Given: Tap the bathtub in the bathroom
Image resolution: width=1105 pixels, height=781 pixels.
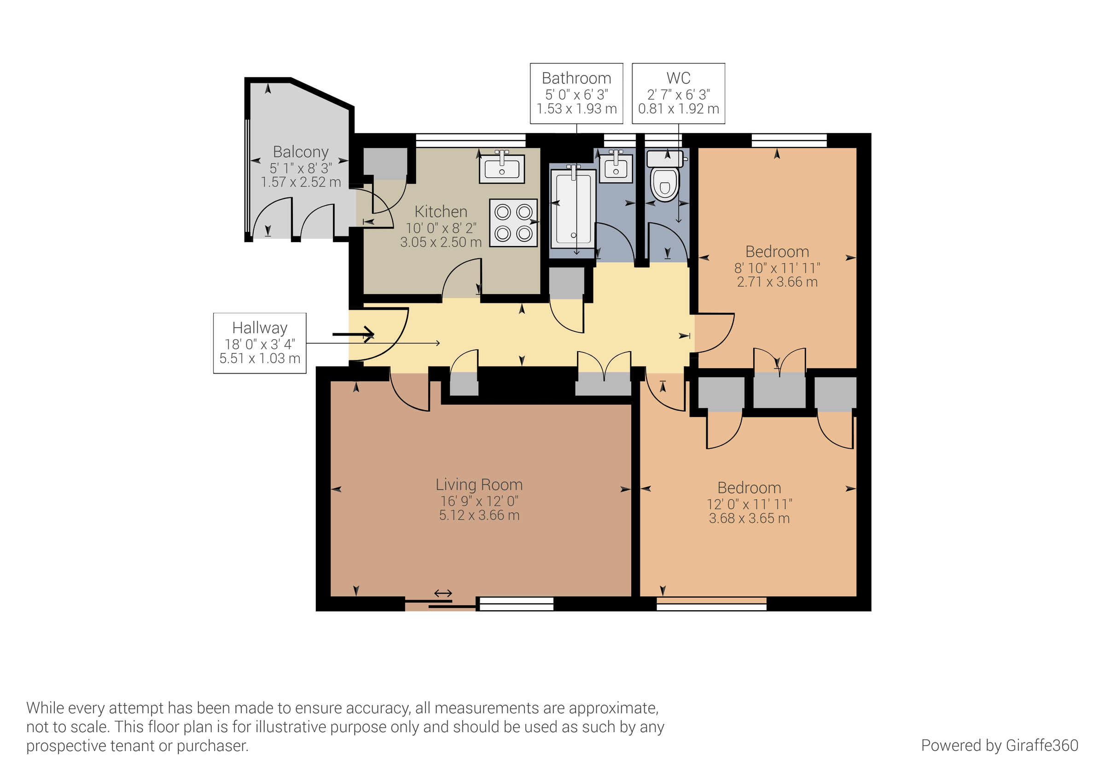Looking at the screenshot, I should click(573, 209).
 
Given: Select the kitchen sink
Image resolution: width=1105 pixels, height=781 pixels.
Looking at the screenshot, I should click(502, 168).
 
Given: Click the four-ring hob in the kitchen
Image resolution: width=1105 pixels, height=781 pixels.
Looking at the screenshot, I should click(513, 223).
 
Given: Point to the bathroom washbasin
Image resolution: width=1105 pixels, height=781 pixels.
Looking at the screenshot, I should click(616, 168).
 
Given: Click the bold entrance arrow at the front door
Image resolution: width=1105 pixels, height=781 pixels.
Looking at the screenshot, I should click(354, 334).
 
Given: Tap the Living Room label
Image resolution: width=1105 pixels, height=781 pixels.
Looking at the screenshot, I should click(479, 484).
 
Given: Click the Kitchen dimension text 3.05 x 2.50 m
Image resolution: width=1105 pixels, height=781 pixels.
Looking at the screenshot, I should click(441, 242).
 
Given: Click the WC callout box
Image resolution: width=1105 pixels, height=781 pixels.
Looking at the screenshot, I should click(678, 93).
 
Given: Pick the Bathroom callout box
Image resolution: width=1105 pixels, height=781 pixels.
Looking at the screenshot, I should click(576, 93).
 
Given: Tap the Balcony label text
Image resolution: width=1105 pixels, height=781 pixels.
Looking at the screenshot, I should click(301, 151).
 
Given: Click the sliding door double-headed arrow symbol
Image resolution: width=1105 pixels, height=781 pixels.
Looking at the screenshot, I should click(443, 593).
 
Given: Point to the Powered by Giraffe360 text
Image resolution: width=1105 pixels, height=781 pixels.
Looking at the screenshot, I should click(999, 746).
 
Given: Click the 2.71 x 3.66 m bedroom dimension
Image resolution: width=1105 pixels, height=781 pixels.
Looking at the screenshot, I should click(777, 282).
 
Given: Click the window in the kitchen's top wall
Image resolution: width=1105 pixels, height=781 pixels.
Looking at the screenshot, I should click(471, 140).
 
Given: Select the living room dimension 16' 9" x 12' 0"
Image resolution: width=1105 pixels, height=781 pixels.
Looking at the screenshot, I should click(479, 501).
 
